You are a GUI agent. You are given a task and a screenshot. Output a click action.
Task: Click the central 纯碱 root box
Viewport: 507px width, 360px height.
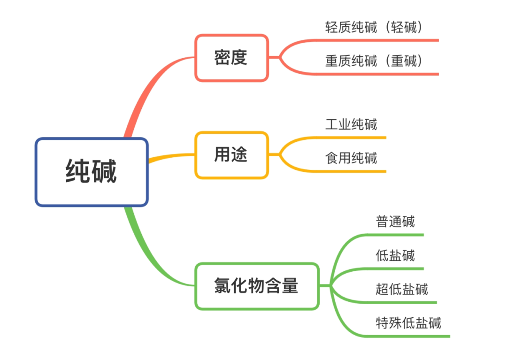tap(92, 172)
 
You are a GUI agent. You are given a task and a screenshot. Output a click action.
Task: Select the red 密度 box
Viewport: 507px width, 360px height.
tap(231, 58)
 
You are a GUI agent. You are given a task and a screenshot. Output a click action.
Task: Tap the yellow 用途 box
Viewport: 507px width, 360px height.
tap(231, 155)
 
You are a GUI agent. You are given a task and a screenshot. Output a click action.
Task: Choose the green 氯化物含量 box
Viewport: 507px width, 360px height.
tap(257, 286)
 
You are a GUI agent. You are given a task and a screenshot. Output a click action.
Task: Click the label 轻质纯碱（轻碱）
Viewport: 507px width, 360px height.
tap(374, 27)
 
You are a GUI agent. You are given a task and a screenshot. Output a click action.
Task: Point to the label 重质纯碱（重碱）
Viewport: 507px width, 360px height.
tap(374, 61)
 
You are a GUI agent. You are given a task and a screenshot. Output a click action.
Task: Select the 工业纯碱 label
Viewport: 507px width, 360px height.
tap(351, 124)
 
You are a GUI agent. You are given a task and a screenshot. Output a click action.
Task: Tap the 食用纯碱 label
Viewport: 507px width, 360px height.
tap(351, 158)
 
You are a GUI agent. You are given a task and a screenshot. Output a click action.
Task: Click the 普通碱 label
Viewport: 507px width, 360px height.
tap(395, 222)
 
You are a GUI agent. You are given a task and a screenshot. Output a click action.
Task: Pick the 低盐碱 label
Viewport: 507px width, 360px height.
tap(395, 255)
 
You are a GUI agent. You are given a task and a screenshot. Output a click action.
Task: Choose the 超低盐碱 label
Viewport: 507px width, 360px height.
tap(401, 289)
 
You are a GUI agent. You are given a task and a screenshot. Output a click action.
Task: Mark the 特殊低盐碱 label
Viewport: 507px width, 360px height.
tap(408, 323)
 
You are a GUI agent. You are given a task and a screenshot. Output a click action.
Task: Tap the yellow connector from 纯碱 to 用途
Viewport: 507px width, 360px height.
tap(171, 157)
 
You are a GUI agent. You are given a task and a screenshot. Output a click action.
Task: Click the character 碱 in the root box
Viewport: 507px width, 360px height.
tap(104, 171)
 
